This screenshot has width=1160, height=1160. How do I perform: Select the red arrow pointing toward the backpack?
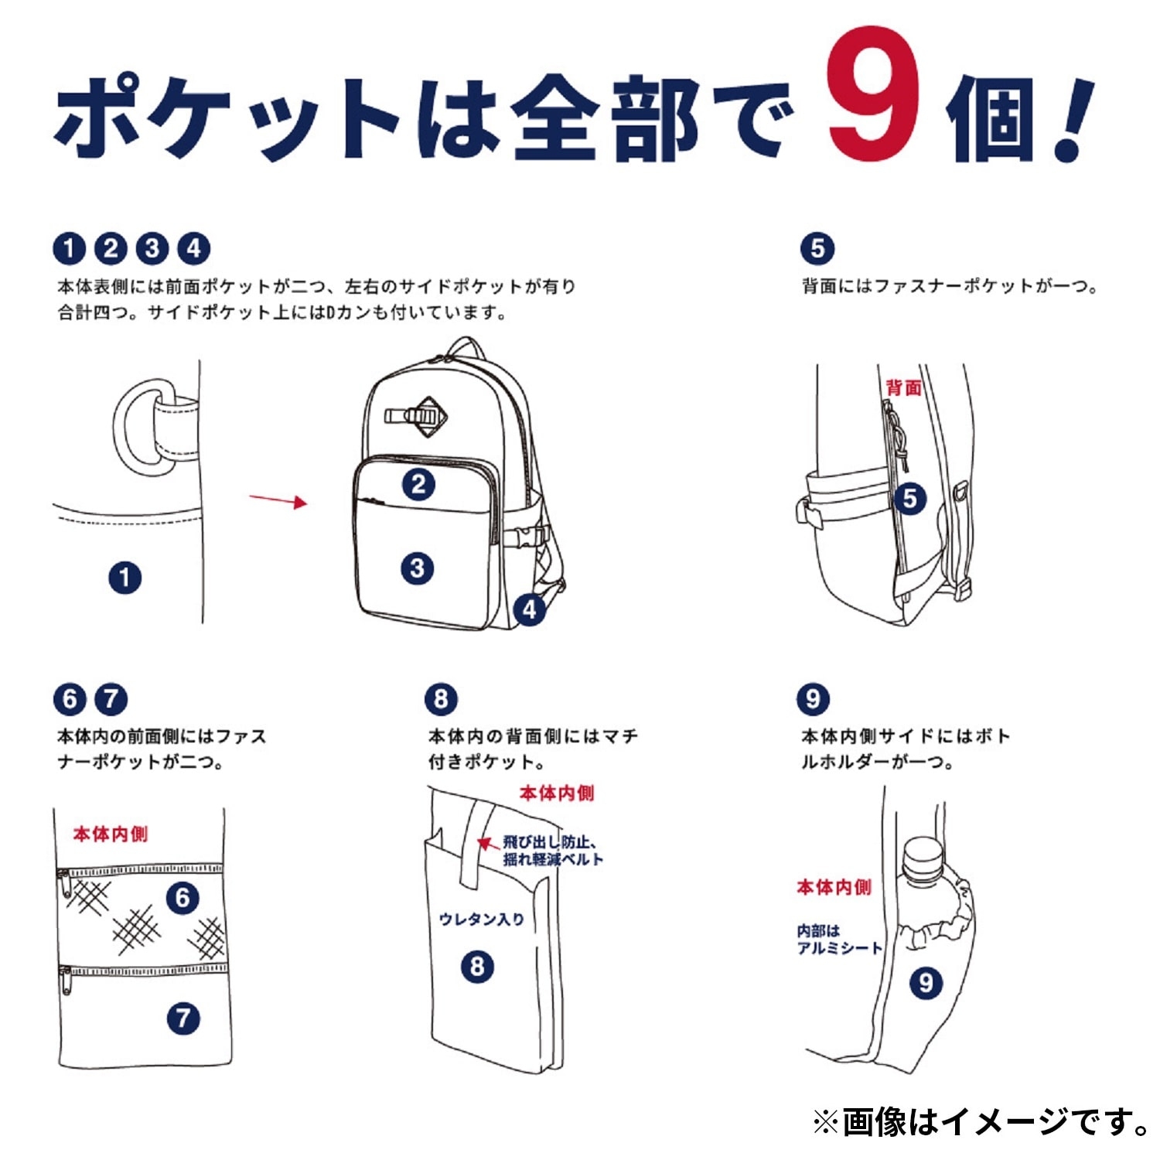point(278,500)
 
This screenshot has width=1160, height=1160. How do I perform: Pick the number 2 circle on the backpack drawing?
point(418,485)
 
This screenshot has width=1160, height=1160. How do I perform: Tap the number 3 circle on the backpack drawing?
point(418,568)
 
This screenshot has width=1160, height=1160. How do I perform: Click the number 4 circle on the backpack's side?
point(530,609)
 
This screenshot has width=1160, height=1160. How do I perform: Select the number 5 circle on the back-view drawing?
point(910,499)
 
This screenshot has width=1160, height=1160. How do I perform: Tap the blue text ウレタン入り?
point(482,919)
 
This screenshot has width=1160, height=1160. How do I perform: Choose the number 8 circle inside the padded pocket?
point(477,967)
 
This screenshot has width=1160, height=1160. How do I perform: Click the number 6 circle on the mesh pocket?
point(183,898)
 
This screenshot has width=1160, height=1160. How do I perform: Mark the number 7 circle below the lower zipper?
point(183,1018)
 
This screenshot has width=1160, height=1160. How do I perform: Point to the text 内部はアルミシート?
point(839,940)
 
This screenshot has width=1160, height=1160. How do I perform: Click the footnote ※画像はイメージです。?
point(981,1122)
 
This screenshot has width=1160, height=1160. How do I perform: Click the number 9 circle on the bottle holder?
point(926,983)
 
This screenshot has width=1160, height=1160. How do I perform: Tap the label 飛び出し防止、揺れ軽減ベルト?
point(553,851)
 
